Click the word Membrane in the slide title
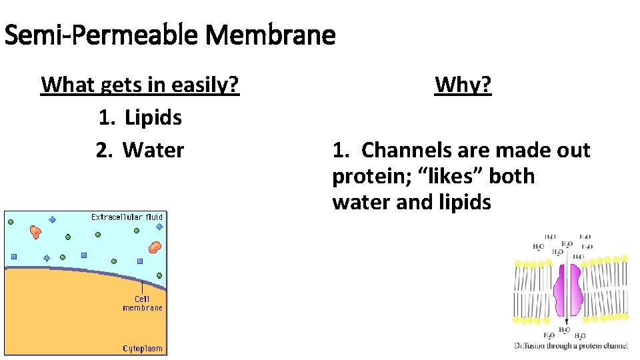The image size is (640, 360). pos(271,35)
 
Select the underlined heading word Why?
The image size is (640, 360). pos(463,85)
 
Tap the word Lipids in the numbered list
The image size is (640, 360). pos(153,118)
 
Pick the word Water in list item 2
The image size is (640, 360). pos(153,150)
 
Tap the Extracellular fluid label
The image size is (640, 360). pos(127,217)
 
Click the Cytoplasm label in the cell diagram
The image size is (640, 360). pos(143,349)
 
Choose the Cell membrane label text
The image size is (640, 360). pos(142,303)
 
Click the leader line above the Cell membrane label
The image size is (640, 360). pos(142,284)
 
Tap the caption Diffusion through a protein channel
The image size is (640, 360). pos(571,345)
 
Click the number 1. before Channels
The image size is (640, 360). pos(341,150)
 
